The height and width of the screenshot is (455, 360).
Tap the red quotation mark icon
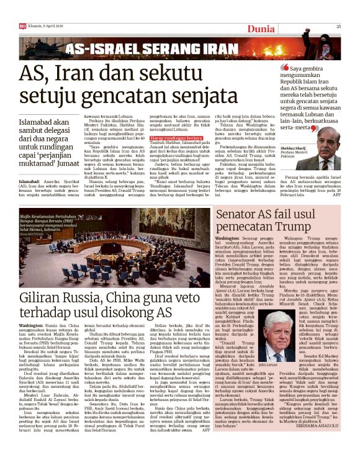[285, 66]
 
